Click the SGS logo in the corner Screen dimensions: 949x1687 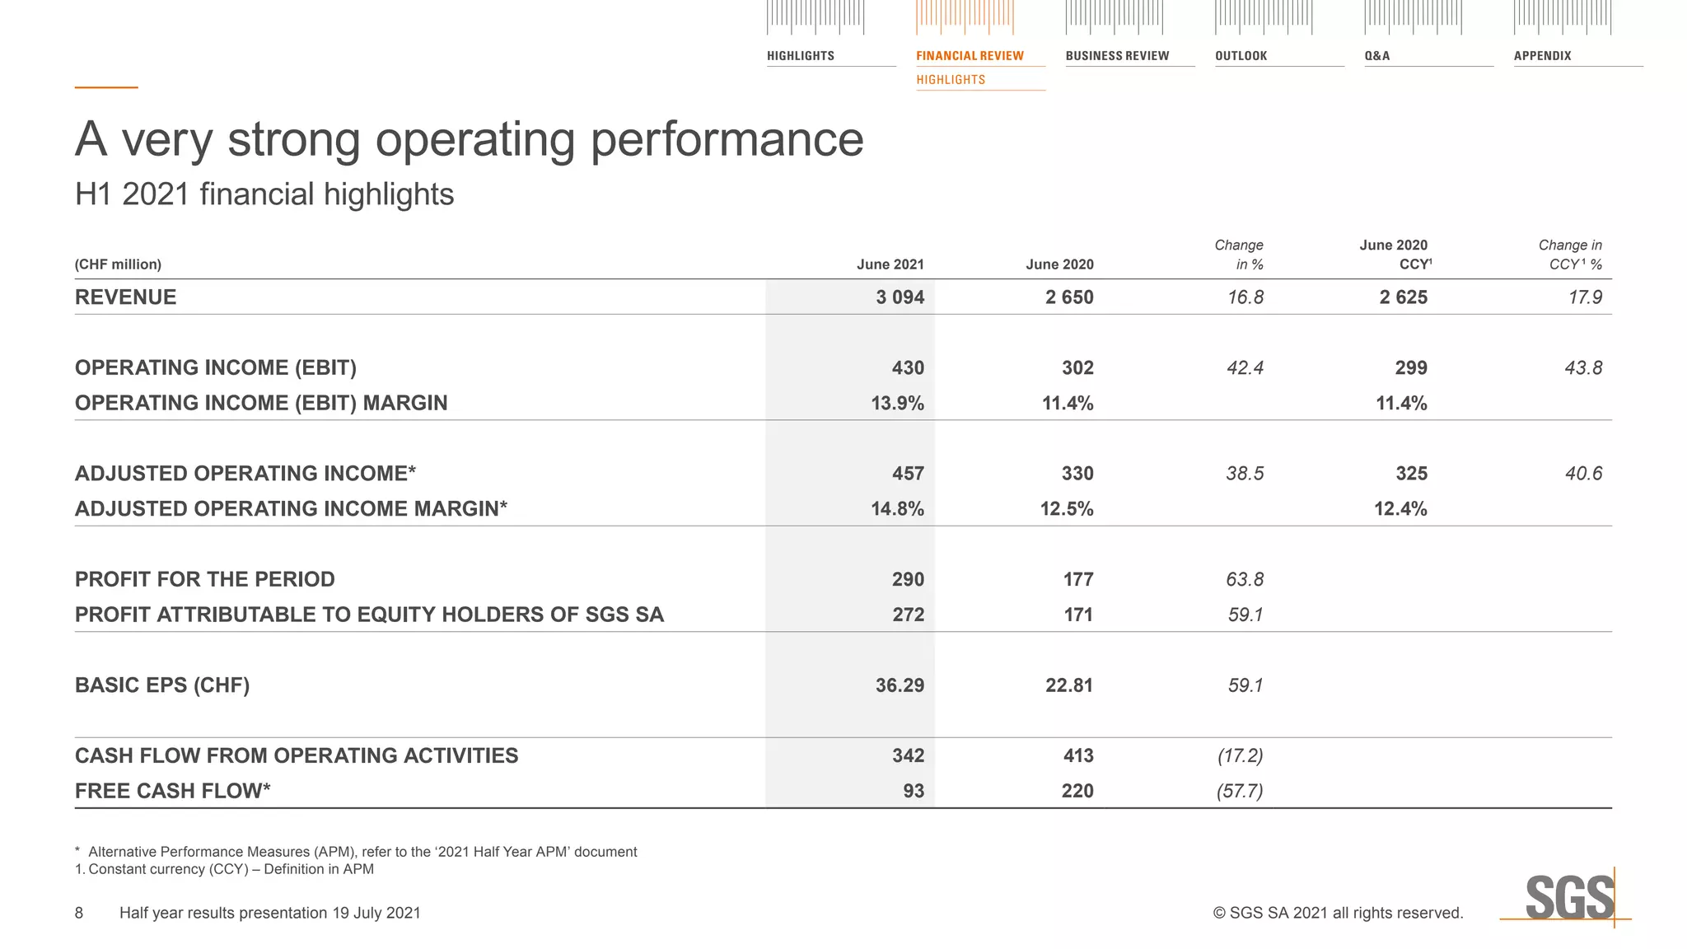(x=1569, y=898)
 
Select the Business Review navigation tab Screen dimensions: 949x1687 (x=1117, y=56)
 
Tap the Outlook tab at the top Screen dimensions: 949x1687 (x=1241, y=56)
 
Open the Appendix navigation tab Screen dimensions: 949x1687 (x=1542, y=56)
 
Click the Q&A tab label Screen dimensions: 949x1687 (x=1376, y=56)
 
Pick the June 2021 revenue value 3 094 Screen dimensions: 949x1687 (x=900, y=297)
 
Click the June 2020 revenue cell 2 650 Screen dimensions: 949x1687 (x=1069, y=297)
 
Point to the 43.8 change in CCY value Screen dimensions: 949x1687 (x=1583, y=368)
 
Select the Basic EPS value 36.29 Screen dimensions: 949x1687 (x=900, y=685)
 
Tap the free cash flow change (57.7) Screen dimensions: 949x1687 (x=1240, y=792)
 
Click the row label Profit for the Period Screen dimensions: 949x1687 (x=205, y=580)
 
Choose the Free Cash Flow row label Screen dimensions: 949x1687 (x=173, y=792)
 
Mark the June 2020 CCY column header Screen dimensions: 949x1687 (x=1395, y=255)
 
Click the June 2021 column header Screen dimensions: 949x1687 (x=890, y=264)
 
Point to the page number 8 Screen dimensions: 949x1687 (x=79, y=913)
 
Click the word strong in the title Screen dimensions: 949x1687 (x=294, y=139)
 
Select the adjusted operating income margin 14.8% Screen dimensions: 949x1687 (x=897, y=509)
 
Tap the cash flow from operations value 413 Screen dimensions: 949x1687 (x=1077, y=756)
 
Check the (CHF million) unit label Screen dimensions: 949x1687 (x=118, y=264)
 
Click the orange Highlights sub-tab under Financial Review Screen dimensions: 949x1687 (x=951, y=80)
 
